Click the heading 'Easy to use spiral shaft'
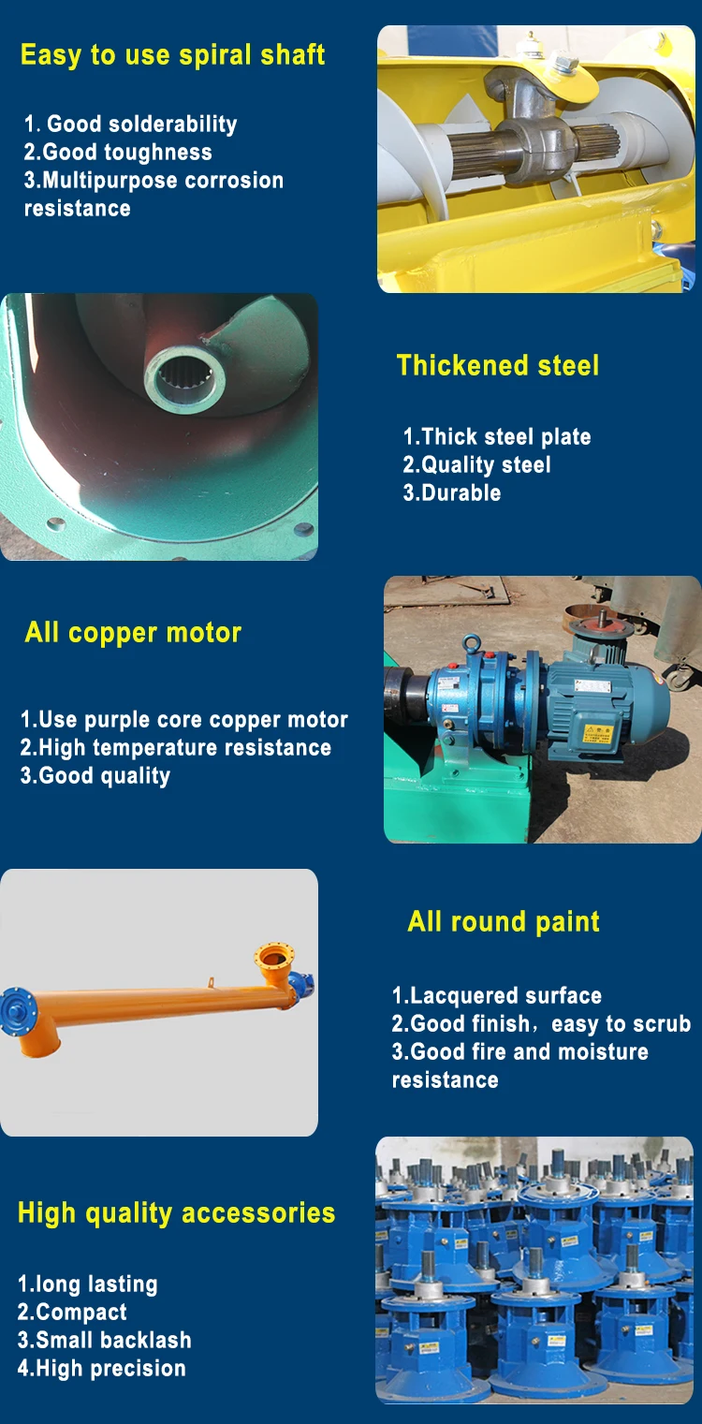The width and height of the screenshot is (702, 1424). coord(172,54)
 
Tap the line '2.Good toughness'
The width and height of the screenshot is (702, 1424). coord(118,152)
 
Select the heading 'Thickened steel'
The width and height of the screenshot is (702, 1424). coord(497,365)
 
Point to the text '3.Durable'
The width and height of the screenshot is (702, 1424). coord(452,492)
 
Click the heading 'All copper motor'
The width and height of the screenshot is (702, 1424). coord(133,632)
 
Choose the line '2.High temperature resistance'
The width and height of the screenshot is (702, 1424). coord(176,747)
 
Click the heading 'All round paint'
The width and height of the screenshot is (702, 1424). coord(504,921)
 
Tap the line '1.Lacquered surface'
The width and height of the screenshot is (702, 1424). coord(496,995)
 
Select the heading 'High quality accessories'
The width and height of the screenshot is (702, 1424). coord(176,1212)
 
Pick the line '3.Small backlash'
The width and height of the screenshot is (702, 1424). coord(104,1340)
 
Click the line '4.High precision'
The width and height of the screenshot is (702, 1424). coord(101,1368)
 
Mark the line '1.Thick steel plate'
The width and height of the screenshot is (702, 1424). coord(497,436)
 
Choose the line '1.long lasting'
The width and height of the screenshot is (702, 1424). coord(87,1284)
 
